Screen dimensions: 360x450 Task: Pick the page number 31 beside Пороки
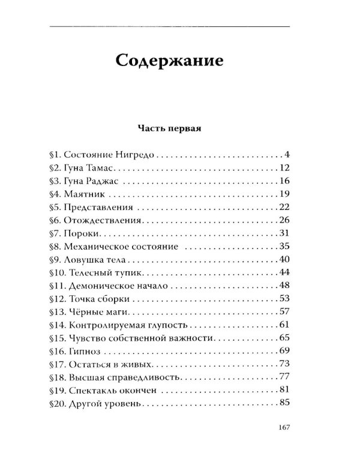(284, 233)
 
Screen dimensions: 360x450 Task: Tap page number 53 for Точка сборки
(284, 299)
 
